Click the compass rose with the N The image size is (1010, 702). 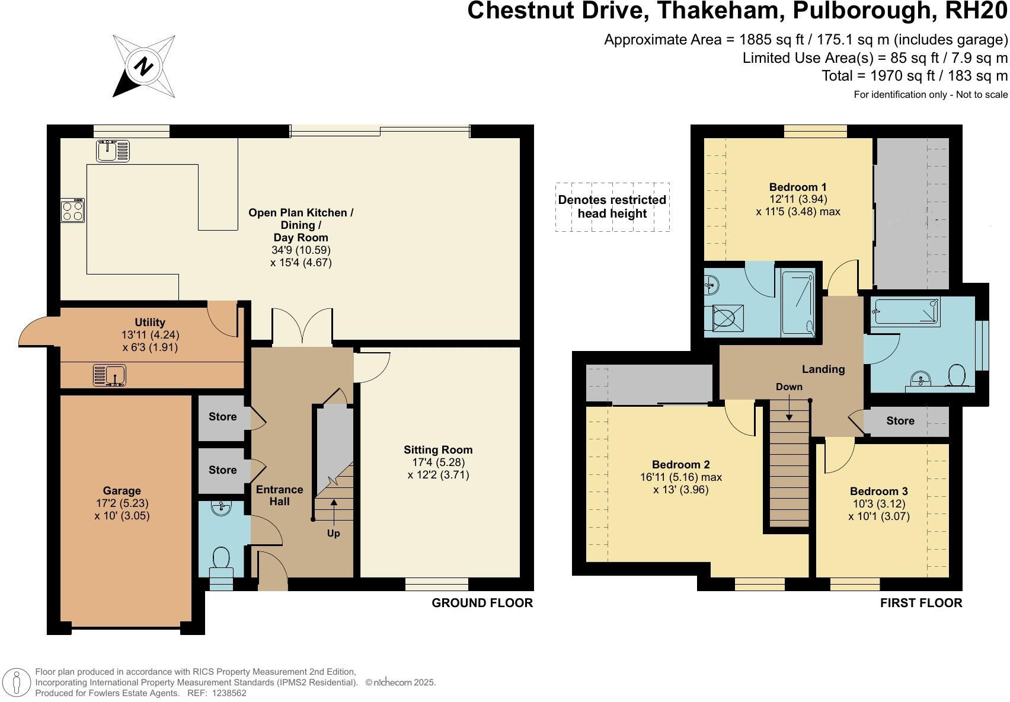[x=143, y=66]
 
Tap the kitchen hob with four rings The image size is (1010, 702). [x=72, y=210]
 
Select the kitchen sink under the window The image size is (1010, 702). [x=113, y=151]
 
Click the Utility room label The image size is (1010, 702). [x=149, y=323]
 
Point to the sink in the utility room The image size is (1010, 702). [x=110, y=375]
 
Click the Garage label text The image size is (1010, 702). [x=122, y=490]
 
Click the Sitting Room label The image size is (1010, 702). [x=438, y=449]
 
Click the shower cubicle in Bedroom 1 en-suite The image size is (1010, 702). [x=798, y=303]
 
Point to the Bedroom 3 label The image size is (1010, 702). [x=878, y=491]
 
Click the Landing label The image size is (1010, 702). [x=823, y=369]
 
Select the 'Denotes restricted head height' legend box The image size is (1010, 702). [x=612, y=207]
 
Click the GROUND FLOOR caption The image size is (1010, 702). [x=482, y=603]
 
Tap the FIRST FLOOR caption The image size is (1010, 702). [x=920, y=603]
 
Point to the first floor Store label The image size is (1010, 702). [x=900, y=420]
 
